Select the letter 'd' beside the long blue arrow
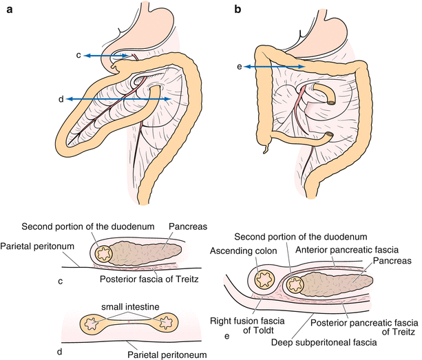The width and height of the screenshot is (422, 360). coord(61,100)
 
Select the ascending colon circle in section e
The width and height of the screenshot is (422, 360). coord(265,279)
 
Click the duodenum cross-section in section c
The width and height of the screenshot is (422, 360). coord(106,254)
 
